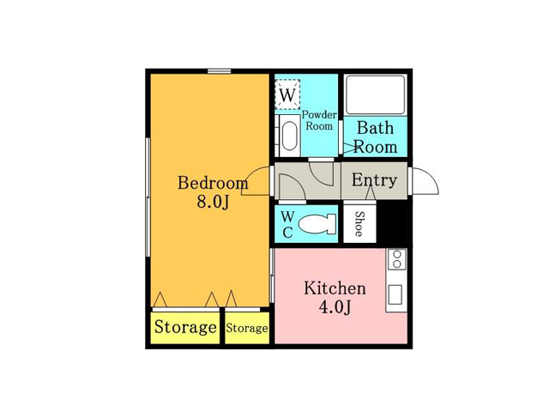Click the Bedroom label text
[213, 183]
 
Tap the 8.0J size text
[213, 202]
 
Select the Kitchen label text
[335, 288]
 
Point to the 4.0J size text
[335, 307]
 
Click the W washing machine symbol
[287, 94]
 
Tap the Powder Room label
[319, 120]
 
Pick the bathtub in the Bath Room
[375, 94]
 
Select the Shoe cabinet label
[359, 224]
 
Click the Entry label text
[374, 180]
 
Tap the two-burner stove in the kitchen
[396, 259]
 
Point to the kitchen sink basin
[395, 294]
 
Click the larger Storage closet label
[185, 327]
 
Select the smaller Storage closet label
[247, 328]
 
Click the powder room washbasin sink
[289, 136]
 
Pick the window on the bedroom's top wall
[220, 71]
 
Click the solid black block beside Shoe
[392, 222]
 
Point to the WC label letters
[287, 225]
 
